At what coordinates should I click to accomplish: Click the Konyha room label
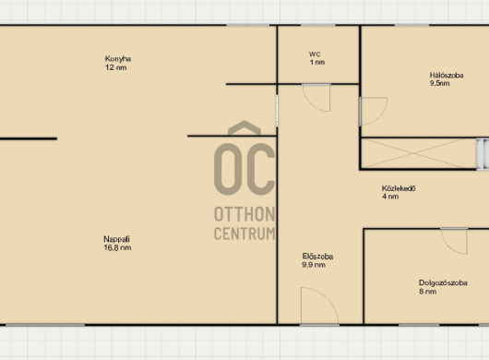pos(118,59)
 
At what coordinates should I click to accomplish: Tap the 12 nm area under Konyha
pos(116,67)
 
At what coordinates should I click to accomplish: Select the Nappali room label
pos(116,239)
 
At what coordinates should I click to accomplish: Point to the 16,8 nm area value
pos(117,247)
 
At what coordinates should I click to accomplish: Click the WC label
pos(315,54)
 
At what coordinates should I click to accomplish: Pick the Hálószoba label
pos(447,75)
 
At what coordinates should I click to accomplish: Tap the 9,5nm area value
pos(440,83)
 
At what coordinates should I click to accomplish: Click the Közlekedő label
pos(399,188)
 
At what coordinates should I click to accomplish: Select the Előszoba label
pos(317,257)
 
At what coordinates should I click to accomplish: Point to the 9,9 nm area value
pos(314,265)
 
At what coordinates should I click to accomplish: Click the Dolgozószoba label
pos(443,283)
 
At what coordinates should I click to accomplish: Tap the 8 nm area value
pos(427,292)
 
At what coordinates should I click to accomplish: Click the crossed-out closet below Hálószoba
pos(418,153)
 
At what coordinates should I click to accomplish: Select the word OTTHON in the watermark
pos(244,214)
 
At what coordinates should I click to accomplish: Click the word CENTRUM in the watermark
pos(244,234)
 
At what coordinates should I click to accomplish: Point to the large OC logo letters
pos(244,169)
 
